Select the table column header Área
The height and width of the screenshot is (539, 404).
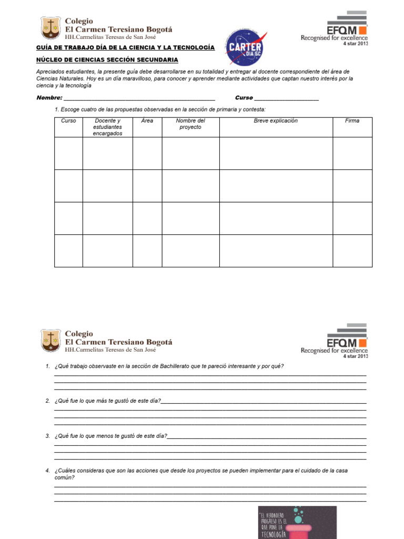pos(147,121)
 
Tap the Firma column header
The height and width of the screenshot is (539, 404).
pos(352,121)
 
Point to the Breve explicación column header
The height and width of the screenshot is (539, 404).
pos(276,121)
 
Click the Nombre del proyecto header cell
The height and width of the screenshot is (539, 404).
pos(190,124)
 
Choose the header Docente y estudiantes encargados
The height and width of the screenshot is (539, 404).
pos(107,127)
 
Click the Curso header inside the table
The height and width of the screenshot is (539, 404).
pos(68,121)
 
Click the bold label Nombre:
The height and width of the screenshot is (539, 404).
pos(49,98)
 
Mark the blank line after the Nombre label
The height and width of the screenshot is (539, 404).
pos(139,98)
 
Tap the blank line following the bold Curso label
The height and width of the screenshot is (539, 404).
pos(286,98)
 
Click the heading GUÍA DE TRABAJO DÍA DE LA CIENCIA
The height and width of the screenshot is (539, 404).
pos(125,48)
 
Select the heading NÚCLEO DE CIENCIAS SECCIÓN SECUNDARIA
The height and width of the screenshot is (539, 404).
pos(107,60)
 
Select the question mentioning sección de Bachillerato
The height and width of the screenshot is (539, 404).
pos(169,366)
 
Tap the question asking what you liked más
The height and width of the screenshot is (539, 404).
pos(107,401)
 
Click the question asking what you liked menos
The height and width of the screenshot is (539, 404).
pos(110,436)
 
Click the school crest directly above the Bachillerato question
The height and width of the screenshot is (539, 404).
pos(50,341)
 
